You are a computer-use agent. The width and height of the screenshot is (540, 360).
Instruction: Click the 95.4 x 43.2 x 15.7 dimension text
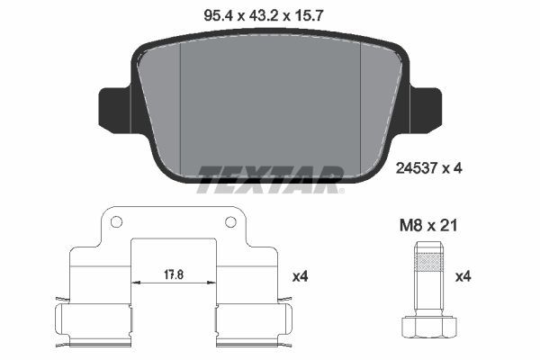269,13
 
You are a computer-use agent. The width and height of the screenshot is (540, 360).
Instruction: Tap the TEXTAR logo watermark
269,179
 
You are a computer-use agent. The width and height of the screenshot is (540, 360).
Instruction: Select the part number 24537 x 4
428,166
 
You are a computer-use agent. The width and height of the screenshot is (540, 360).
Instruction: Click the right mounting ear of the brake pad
425,106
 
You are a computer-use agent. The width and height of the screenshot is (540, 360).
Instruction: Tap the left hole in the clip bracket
115,222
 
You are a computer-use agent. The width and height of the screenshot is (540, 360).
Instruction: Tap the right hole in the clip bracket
230,222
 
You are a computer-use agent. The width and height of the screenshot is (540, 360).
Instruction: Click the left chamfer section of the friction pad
162,108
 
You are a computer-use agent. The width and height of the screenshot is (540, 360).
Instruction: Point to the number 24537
416,166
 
